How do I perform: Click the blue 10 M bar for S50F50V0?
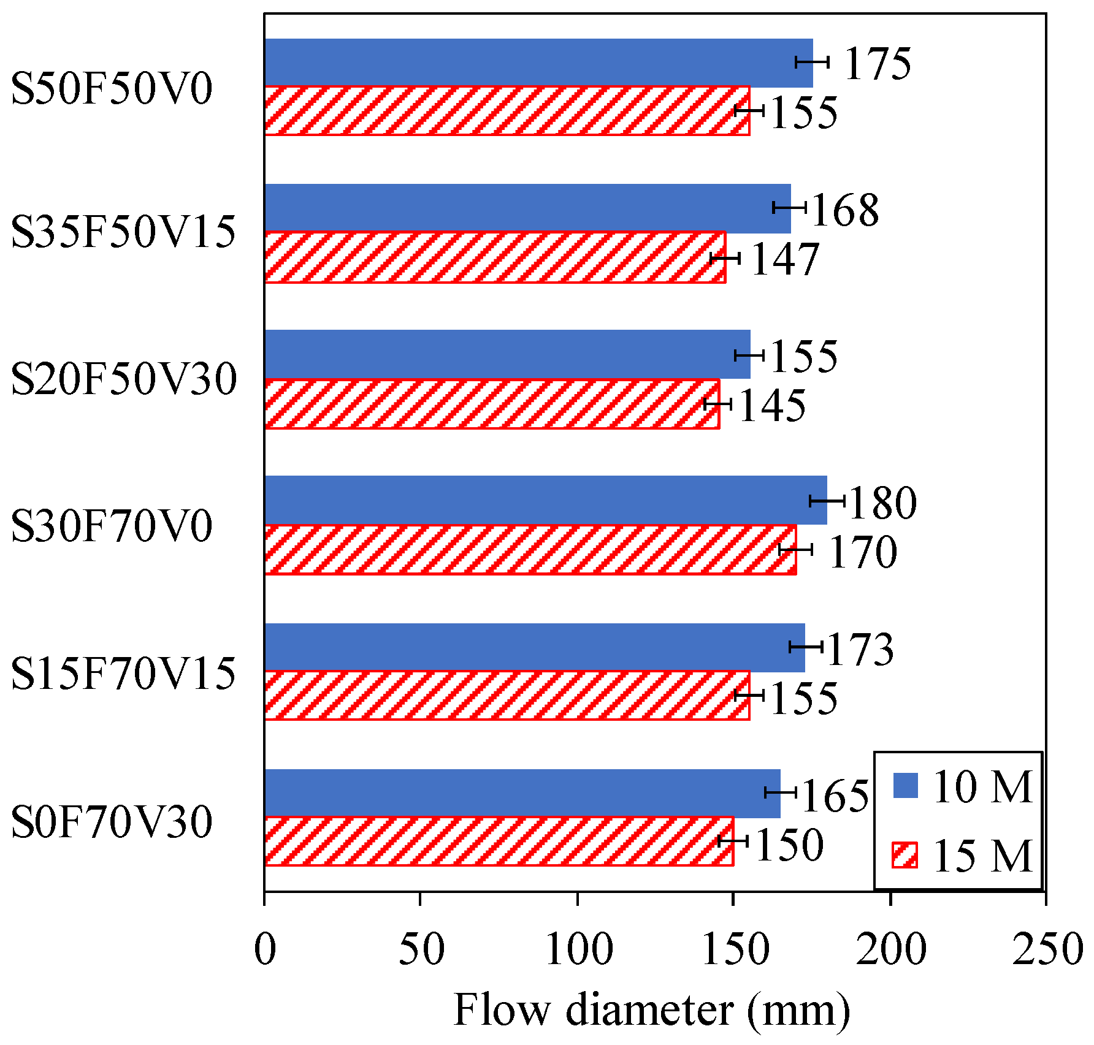pyautogui.click(x=538, y=63)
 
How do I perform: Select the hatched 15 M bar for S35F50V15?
pyautogui.click(x=495, y=257)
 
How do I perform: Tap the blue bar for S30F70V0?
pyautogui.click(x=546, y=500)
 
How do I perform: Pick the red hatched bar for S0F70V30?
pyautogui.click(x=499, y=841)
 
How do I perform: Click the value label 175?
pyautogui.click(x=878, y=64)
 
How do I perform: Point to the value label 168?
pyautogui.click(x=845, y=211)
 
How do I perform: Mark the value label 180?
pyautogui.click(x=883, y=503)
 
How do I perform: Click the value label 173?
pyautogui.click(x=860, y=650)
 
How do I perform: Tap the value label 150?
pyautogui.click(x=789, y=845)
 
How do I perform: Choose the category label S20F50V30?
pyautogui.click(x=124, y=379)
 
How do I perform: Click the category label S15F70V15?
pyautogui.click(x=123, y=674)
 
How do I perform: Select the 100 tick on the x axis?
pyautogui.click(x=578, y=950)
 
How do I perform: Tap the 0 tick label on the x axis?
pyautogui.click(x=265, y=950)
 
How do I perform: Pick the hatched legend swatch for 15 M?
pyautogui.click(x=905, y=856)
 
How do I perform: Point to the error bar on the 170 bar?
pyautogui.click(x=796, y=549)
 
